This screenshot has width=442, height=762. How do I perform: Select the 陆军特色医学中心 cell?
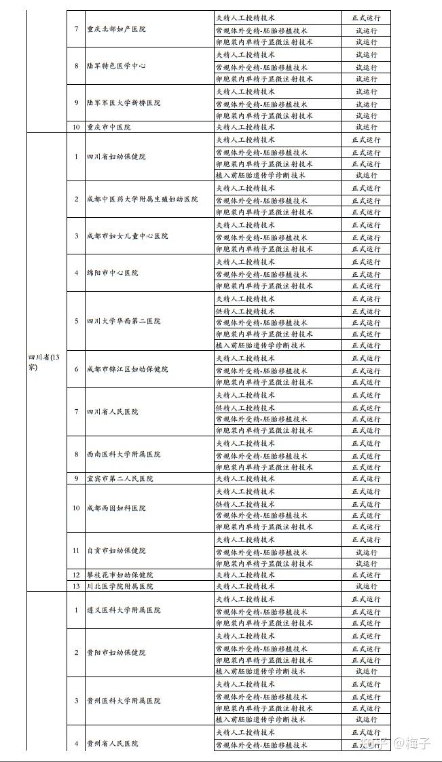tap(116, 66)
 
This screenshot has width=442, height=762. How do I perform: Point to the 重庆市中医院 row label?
tap(109, 127)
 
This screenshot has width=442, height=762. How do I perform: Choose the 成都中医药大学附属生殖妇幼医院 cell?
tap(142, 199)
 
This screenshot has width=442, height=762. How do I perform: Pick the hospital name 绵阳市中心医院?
tap(112, 273)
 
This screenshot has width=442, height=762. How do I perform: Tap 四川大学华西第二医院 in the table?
tap(124, 321)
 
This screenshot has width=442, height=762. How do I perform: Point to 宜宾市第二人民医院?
tap(119, 479)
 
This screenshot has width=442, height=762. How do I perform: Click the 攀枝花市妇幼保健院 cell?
tap(119, 575)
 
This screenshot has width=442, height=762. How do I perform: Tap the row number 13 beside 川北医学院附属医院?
tap(76, 586)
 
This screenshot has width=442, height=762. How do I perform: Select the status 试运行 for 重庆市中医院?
tap(367, 127)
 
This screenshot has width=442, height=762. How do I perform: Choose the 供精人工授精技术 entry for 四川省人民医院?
tap(245, 408)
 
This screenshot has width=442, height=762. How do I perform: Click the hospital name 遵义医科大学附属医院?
tap(124, 610)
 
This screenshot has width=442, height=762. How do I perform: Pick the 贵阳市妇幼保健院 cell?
tap(116, 653)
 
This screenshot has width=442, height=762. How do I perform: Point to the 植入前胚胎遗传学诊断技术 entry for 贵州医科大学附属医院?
tap(261, 719)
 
